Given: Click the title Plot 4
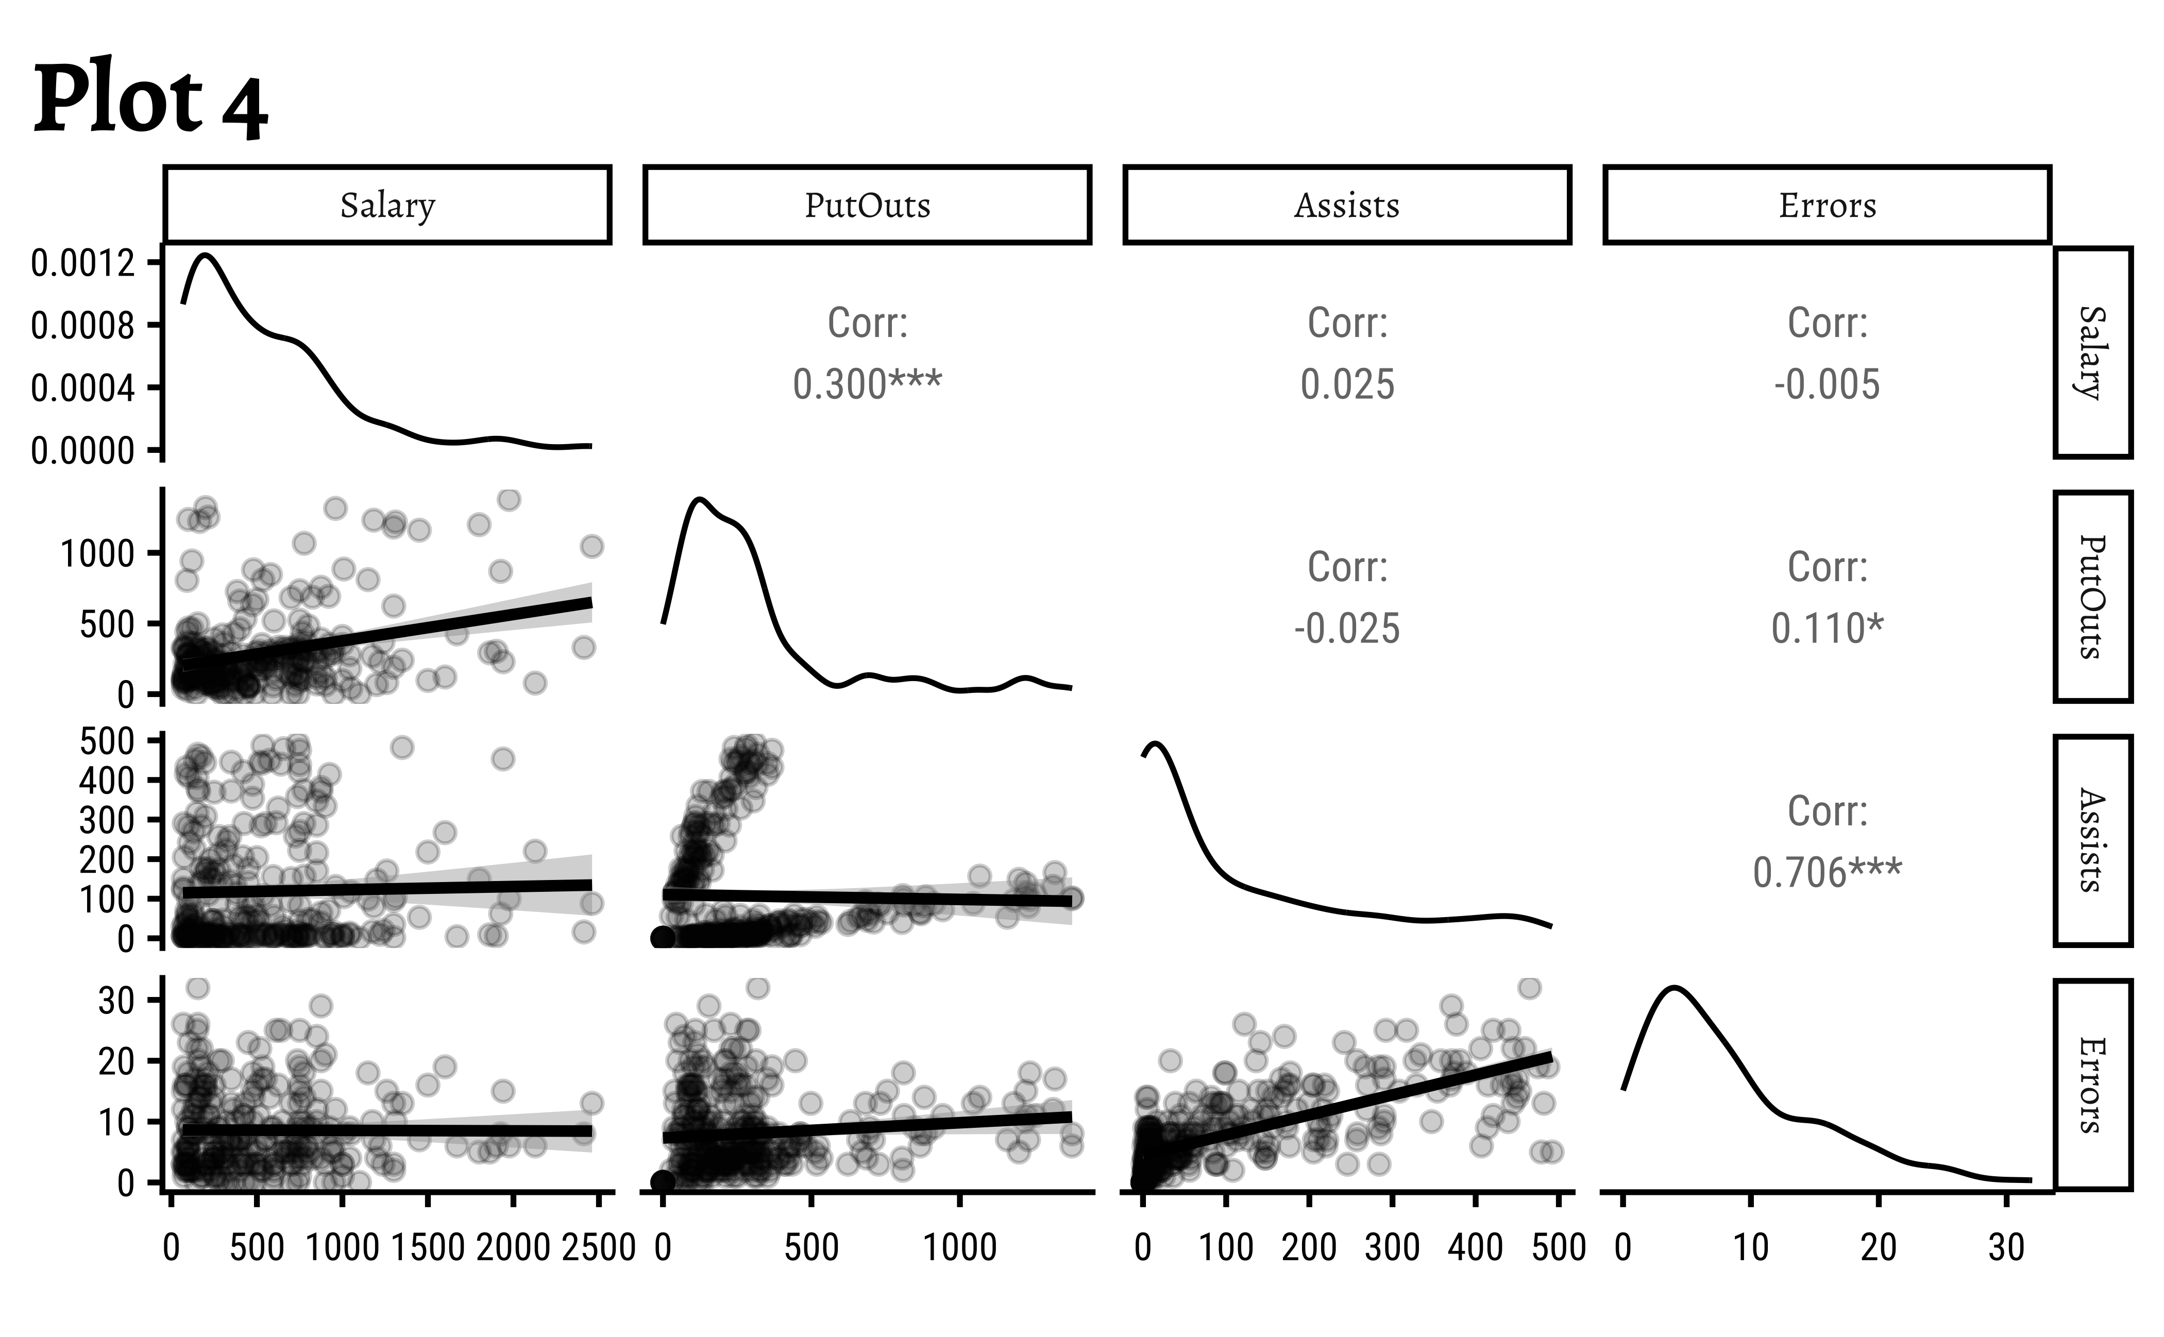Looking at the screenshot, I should [x=150, y=99].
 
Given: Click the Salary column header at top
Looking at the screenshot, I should [x=387, y=205].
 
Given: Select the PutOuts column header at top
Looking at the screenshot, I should [x=867, y=205].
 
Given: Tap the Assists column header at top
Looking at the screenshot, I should [x=1347, y=205].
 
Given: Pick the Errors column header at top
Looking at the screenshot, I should [x=1827, y=205].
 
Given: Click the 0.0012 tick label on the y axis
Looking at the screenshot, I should [x=83, y=263].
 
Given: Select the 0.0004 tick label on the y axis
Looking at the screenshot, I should [x=83, y=388].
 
